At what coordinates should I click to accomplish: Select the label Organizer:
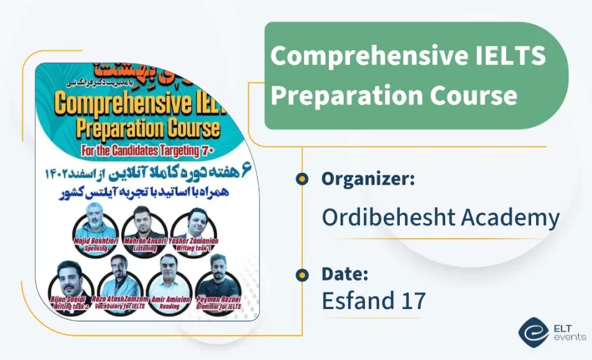(368, 179)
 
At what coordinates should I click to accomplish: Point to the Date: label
(346, 274)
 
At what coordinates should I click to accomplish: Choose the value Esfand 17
(373, 301)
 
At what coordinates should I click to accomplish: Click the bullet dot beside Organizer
(302, 179)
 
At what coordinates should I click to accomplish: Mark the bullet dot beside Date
(302, 274)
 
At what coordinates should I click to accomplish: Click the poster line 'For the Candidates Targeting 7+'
(147, 150)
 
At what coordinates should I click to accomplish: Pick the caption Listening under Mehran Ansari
(144, 247)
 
